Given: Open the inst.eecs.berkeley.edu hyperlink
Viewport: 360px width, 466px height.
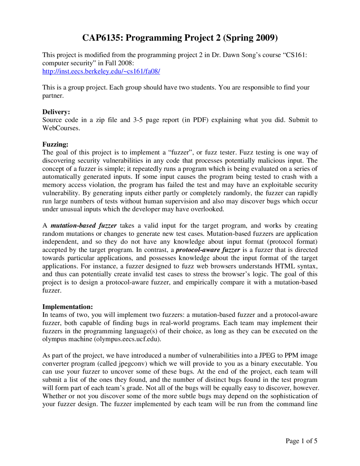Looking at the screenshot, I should (x=101, y=71).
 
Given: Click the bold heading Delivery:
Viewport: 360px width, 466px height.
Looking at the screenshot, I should (x=56, y=112).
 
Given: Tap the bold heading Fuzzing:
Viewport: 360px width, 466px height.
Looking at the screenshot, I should (x=55, y=144).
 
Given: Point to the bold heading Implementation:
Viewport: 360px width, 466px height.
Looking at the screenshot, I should (x=67, y=307).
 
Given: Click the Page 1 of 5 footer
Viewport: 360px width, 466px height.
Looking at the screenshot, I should (x=301, y=441).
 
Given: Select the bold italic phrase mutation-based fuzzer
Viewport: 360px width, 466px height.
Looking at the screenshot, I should (x=84, y=226).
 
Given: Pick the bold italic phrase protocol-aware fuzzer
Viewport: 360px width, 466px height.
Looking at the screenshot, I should (x=208, y=250).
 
